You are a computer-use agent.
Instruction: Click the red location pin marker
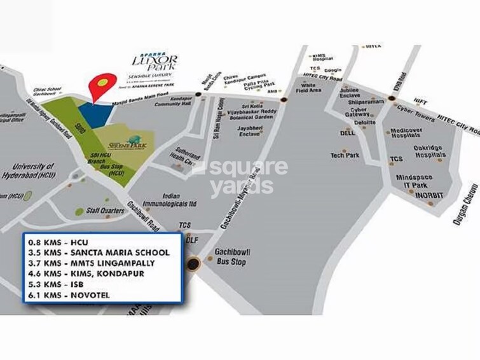(102, 85)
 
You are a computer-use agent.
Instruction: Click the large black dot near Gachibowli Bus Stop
(193, 264)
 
